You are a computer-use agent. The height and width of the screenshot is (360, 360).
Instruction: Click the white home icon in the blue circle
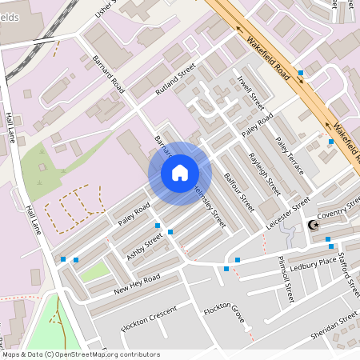[180, 173]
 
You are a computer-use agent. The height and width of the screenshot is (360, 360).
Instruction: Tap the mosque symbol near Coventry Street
[313, 226]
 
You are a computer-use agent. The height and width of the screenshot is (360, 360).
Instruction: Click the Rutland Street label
[176, 81]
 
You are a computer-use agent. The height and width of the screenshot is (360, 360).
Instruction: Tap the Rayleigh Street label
[263, 169]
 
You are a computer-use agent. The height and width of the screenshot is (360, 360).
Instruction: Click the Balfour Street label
[238, 186]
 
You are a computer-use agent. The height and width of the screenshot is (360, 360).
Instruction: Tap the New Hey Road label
[137, 282]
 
